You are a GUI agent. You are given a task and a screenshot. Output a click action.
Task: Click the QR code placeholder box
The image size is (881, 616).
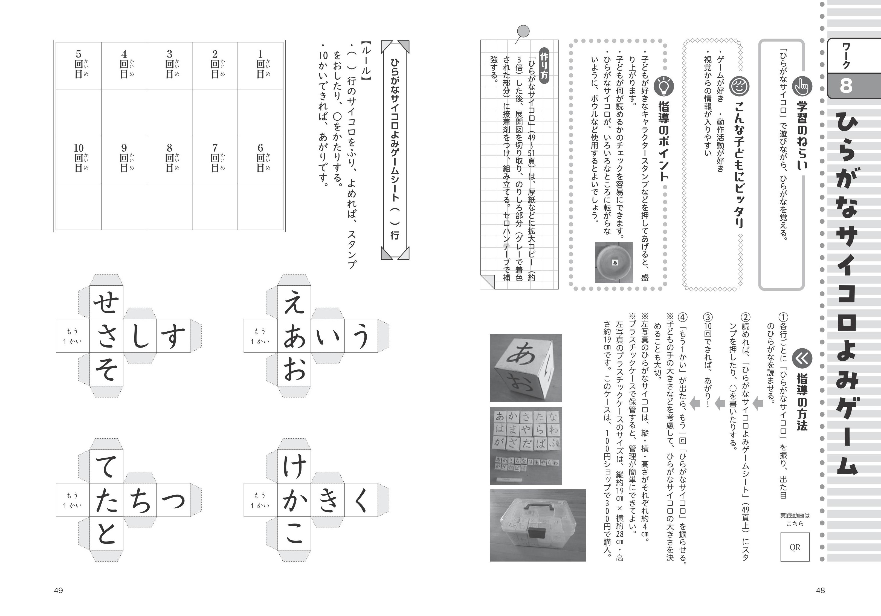795,547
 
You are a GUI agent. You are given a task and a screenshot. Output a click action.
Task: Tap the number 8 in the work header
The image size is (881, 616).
846,86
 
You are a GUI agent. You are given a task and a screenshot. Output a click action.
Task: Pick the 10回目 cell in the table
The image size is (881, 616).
79,159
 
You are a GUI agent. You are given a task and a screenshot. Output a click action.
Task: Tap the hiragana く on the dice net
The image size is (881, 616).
361,500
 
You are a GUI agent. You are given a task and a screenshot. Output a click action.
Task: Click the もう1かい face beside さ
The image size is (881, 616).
73,336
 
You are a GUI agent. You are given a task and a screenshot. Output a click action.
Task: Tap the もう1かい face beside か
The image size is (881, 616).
260,500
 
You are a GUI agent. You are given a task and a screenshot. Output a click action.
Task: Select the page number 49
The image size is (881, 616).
58,590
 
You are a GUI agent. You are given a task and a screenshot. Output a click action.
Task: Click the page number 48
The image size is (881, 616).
820,590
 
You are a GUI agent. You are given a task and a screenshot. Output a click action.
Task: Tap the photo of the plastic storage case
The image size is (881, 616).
538,525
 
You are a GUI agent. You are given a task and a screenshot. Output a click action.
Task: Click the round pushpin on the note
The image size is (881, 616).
523,31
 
